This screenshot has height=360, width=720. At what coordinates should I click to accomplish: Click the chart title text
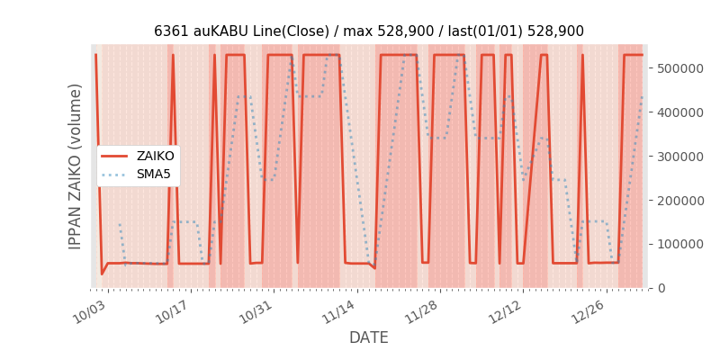368,31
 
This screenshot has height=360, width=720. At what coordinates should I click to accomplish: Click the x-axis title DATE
368,337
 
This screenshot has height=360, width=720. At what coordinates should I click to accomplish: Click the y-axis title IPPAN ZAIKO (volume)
76,166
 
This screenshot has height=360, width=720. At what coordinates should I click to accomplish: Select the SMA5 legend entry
153,174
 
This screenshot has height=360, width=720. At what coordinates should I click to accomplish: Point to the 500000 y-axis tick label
679,68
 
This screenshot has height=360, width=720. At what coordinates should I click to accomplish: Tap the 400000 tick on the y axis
679,112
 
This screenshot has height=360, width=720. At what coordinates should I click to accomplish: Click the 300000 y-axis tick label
679,157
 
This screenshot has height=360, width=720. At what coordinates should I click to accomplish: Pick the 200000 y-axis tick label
679,201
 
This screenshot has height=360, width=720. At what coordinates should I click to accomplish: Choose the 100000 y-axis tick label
679,244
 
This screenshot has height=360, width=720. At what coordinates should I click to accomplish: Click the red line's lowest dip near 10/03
102,274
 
